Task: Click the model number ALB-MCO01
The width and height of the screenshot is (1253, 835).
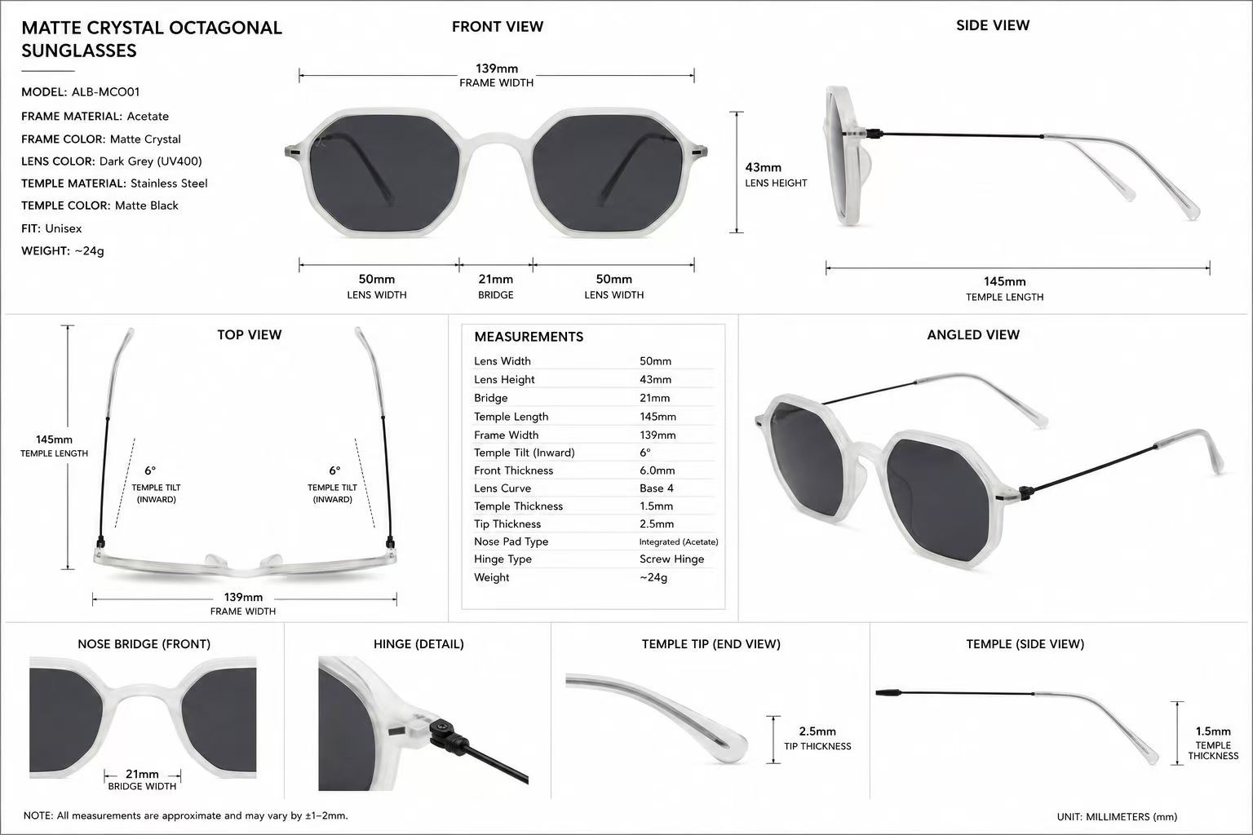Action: [106, 91]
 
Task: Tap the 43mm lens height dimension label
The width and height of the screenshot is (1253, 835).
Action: [763, 167]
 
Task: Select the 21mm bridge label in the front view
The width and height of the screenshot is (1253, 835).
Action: [496, 279]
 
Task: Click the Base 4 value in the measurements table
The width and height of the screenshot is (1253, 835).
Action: [657, 488]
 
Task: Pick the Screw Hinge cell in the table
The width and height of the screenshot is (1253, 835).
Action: [672, 559]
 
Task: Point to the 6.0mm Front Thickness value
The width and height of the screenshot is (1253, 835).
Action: [657, 471]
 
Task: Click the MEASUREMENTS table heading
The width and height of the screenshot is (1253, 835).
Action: [529, 337]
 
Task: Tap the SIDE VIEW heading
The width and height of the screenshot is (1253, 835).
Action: [993, 25]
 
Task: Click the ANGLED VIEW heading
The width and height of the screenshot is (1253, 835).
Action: [973, 334]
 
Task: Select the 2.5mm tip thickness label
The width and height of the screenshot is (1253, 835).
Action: [817, 731]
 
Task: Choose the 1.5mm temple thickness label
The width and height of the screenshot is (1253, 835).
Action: [1213, 731]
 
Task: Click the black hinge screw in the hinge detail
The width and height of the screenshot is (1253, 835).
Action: [440, 727]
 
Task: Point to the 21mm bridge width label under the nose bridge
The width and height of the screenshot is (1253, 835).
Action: [142, 774]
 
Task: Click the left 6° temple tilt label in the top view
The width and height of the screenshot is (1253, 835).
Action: [150, 471]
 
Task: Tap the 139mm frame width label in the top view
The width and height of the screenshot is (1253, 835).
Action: [243, 598]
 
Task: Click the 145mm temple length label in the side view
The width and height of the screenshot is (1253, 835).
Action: [1005, 282]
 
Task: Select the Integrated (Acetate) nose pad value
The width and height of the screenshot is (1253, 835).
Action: [679, 541]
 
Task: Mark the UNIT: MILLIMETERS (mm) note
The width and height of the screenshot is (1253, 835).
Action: [1117, 816]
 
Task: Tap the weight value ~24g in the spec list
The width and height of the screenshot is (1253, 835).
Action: [90, 250]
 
